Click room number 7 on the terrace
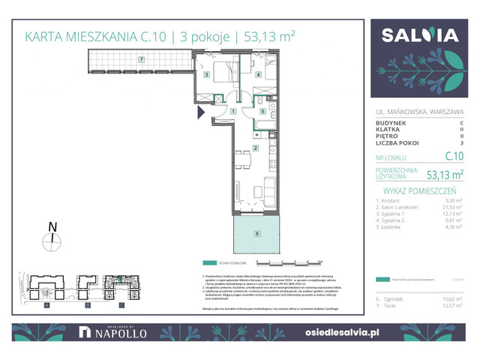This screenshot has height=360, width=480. [140, 58]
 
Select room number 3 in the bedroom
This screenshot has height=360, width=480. [207, 75]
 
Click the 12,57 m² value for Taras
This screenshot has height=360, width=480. [451, 304]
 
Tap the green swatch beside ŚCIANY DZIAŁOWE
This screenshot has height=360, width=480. [208, 263]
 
